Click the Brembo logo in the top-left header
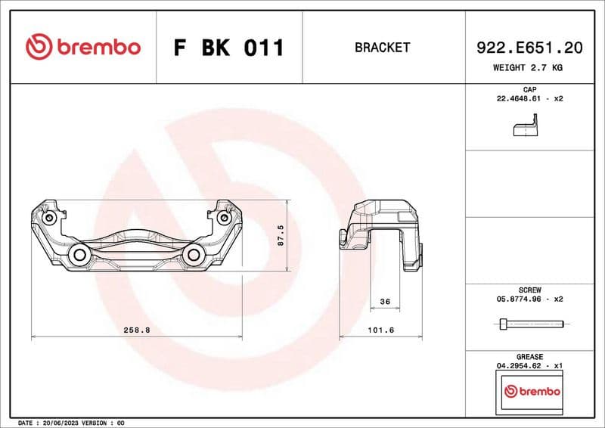(82, 47)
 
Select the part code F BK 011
(228, 48)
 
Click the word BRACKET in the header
(382, 48)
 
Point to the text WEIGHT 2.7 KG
(528, 67)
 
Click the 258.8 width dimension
(137, 330)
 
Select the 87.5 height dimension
(281, 235)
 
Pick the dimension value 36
(384, 302)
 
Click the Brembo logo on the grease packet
(532, 392)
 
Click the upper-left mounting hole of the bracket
(50, 218)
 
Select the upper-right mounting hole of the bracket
(224, 218)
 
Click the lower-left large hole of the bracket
(79, 254)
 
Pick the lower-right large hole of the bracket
(194, 254)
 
